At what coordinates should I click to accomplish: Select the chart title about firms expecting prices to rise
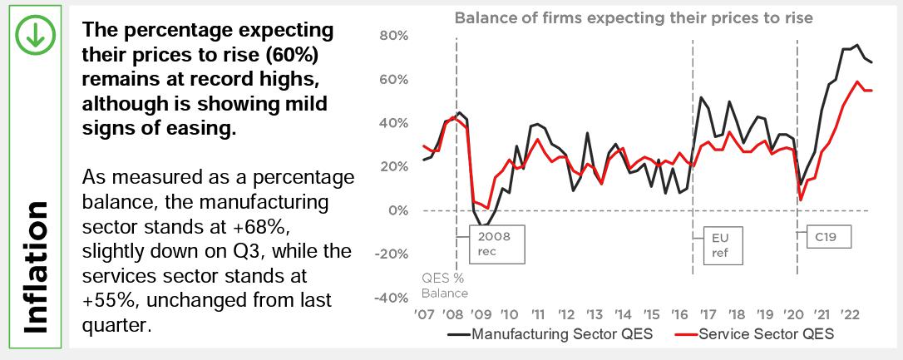[633, 17]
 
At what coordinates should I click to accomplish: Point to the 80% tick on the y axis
[393, 36]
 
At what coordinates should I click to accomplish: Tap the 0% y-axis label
[397, 210]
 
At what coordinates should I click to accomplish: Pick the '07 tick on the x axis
[424, 316]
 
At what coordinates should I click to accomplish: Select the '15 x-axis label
[651, 316]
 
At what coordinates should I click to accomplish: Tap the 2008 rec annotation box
[494, 244]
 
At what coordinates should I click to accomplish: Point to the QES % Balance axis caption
[443, 286]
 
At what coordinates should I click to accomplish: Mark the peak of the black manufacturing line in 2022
[856, 45]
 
